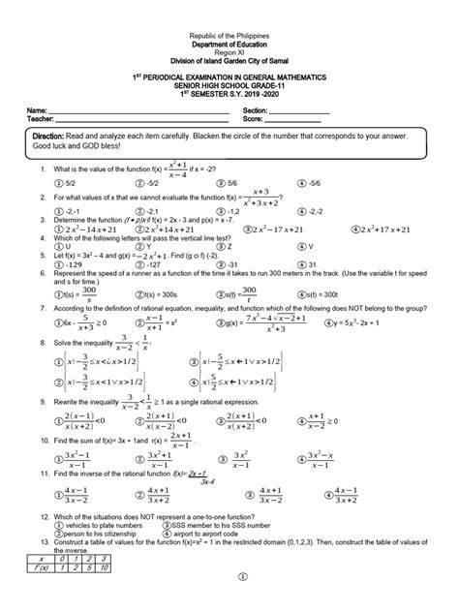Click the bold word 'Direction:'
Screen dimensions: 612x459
55,138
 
